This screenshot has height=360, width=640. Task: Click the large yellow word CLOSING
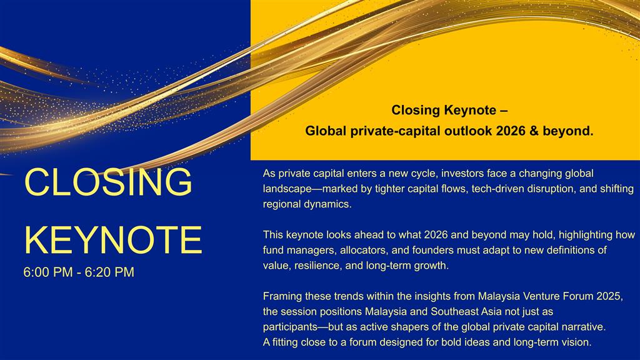click(x=108, y=182)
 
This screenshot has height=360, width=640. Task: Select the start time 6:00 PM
click(x=48, y=272)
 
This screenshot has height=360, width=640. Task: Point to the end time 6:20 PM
click(x=109, y=272)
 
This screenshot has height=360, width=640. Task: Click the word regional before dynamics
click(x=282, y=204)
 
